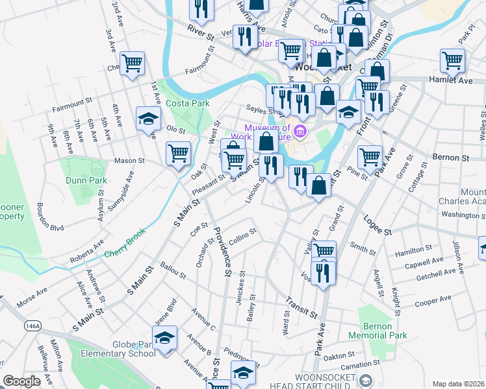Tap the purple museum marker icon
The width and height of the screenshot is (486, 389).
(300, 132)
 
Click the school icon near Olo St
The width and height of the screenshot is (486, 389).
(148, 119)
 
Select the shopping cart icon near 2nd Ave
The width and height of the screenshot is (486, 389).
(132, 64)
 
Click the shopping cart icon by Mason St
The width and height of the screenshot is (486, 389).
(178, 154)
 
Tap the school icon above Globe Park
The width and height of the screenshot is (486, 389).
(165, 338)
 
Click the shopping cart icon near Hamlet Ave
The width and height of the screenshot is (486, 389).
(452, 61)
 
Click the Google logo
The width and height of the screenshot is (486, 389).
(21, 381)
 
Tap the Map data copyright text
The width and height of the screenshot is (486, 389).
(459, 384)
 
